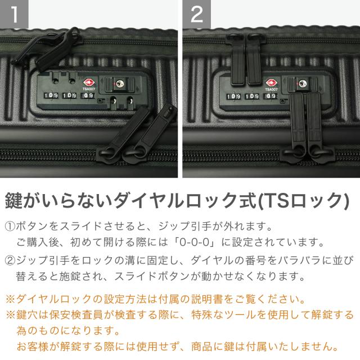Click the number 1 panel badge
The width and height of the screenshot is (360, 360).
pos(14,14)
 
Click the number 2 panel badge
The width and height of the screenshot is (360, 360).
pos(197,14)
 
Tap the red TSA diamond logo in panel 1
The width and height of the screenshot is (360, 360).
pos(89,83)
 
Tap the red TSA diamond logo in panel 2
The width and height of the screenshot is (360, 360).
pos(271,83)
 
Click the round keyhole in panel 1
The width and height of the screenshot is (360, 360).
pos(119,84)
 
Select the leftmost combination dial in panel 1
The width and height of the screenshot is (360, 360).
pos(51,95)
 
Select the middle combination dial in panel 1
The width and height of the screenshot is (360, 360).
pos(70,95)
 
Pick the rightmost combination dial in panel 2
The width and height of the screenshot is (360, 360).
pos(271,96)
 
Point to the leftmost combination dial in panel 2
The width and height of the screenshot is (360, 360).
pos(234,96)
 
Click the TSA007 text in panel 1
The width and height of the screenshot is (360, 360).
pos(89,89)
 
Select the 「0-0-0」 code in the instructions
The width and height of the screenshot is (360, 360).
pos(195,242)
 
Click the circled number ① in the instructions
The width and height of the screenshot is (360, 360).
pos(10,227)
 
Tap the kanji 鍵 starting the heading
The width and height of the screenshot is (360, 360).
pos(13,201)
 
